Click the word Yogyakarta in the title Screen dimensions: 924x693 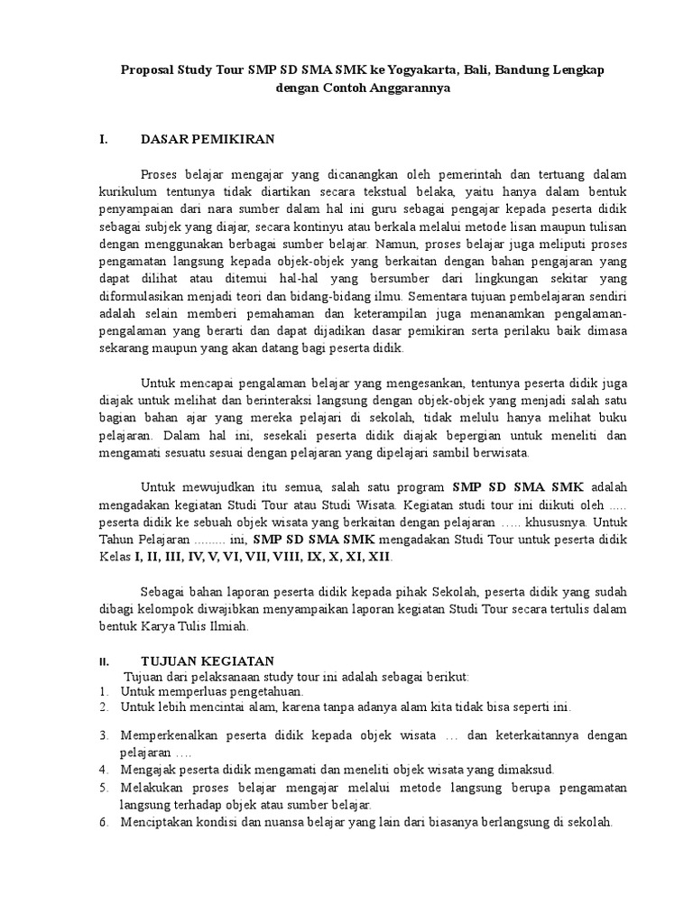point(393,71)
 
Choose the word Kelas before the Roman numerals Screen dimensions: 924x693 point(115,557)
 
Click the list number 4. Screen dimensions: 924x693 point(104,769)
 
